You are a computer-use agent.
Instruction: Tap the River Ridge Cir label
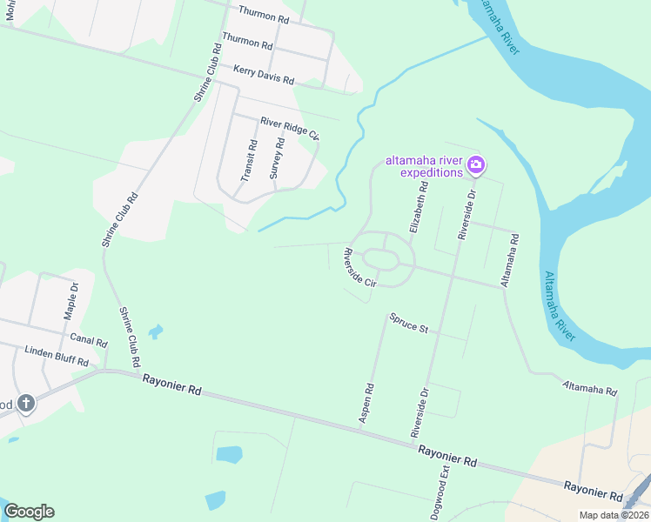click(290, 127)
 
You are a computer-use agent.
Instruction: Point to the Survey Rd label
click(275, 158)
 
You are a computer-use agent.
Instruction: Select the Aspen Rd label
click(367, 404)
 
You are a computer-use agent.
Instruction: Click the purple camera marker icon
click(475, 164)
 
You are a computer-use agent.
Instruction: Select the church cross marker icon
click(26, 404)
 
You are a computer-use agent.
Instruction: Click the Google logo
click(29, 512)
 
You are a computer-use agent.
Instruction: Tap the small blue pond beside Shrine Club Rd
click(155, 331)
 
